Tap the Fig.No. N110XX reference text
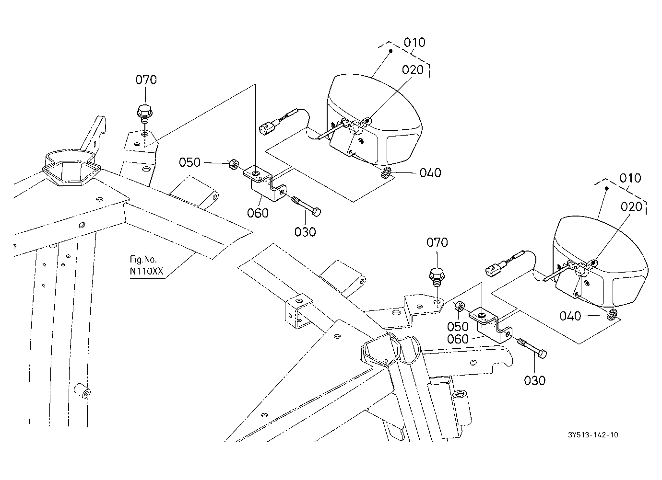(146, 265)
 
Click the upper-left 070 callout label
(146, 80)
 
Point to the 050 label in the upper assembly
(190, 162)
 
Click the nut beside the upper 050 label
(234, 164)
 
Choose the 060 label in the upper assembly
(258, 213)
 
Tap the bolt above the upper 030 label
(307, 206)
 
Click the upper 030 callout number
(305, 232)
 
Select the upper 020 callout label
(413, 70)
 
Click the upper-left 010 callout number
(414, 43)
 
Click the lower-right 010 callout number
(630, 178)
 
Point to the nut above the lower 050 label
(460, 307)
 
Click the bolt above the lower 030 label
(532, 348)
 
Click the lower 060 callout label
(458, 339)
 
